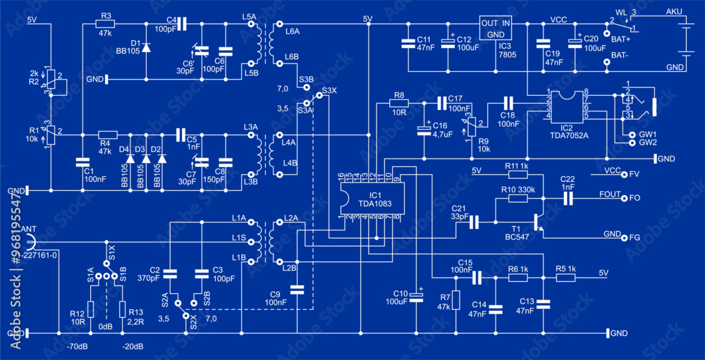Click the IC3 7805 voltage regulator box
coord(496,28)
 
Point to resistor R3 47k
coord(106,25)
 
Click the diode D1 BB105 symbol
coord(146,48)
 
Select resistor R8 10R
coord(399,103)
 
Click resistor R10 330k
coord(517,199)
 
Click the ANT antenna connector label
coord(29,230)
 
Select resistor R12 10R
coord(90,309)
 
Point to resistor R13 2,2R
coord(122,309)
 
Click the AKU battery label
coord(674,13)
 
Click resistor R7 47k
coord(456,299)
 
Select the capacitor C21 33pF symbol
coord(474,222)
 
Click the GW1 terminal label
coord(647,134)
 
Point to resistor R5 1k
coord(565,278)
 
